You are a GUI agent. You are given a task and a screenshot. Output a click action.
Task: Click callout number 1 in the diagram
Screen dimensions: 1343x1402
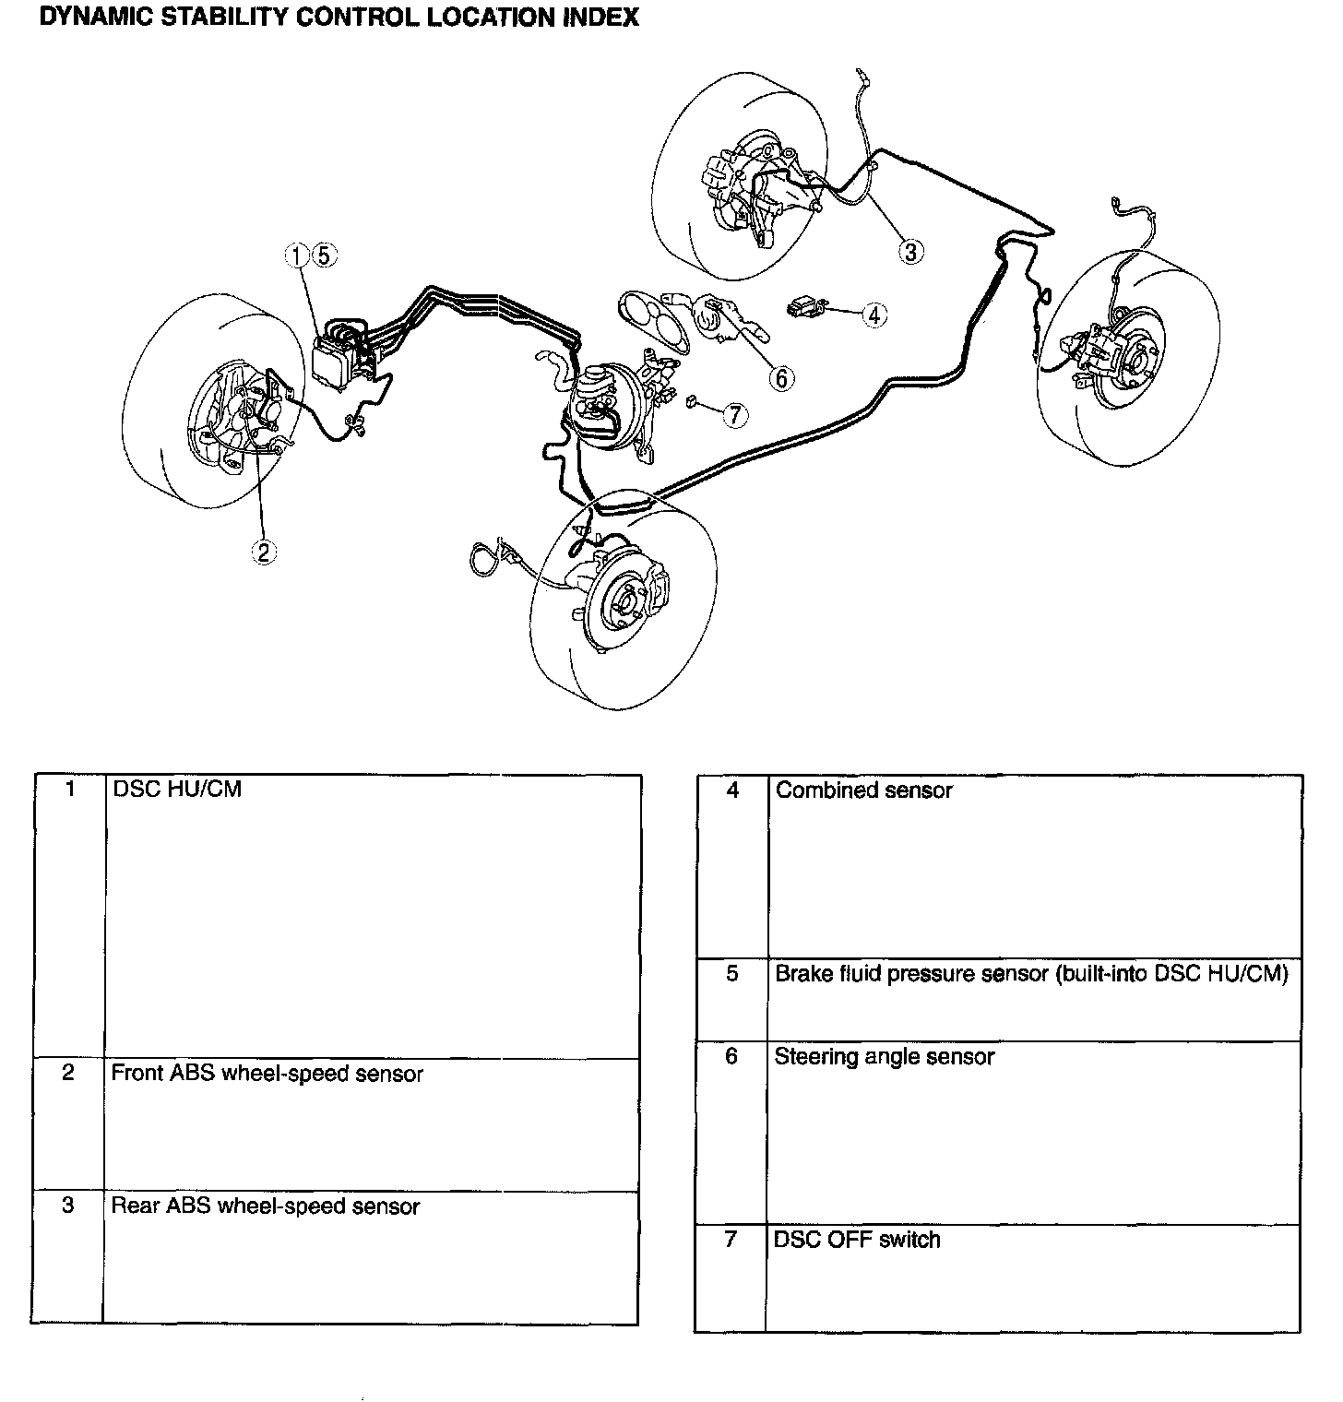point(298,255)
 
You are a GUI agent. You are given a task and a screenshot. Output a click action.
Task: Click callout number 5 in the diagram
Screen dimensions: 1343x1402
point(323,255)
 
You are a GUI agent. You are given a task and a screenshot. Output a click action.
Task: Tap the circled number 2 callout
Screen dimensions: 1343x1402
point(264,552)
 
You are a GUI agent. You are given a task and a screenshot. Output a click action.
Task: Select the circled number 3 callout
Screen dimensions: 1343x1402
point(911,251)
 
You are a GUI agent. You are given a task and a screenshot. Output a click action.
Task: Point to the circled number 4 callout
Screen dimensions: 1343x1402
point(874,315)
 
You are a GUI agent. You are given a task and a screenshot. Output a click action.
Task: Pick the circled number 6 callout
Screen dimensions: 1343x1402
point(780,377)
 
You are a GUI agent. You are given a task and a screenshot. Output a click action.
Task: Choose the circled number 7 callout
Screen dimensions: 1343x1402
point(734,416)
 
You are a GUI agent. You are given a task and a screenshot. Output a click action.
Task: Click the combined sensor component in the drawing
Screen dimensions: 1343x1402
point(806,307)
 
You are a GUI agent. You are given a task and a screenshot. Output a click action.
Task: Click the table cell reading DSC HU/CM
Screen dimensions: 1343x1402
point(176,790)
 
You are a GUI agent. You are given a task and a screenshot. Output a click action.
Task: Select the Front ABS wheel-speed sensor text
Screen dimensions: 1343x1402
point(267,1074)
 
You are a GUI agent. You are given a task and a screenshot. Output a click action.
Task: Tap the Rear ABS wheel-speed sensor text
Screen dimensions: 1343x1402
point(266,1206)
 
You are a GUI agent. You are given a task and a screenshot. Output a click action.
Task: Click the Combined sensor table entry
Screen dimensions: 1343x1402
point(863,790)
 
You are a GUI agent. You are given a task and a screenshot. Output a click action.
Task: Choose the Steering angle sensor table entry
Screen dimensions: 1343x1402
point(885,1057)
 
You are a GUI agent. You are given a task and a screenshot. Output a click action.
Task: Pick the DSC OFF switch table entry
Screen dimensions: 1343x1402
point(857,1240)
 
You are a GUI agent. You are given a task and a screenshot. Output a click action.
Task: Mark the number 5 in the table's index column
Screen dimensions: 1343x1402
point(732,974)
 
